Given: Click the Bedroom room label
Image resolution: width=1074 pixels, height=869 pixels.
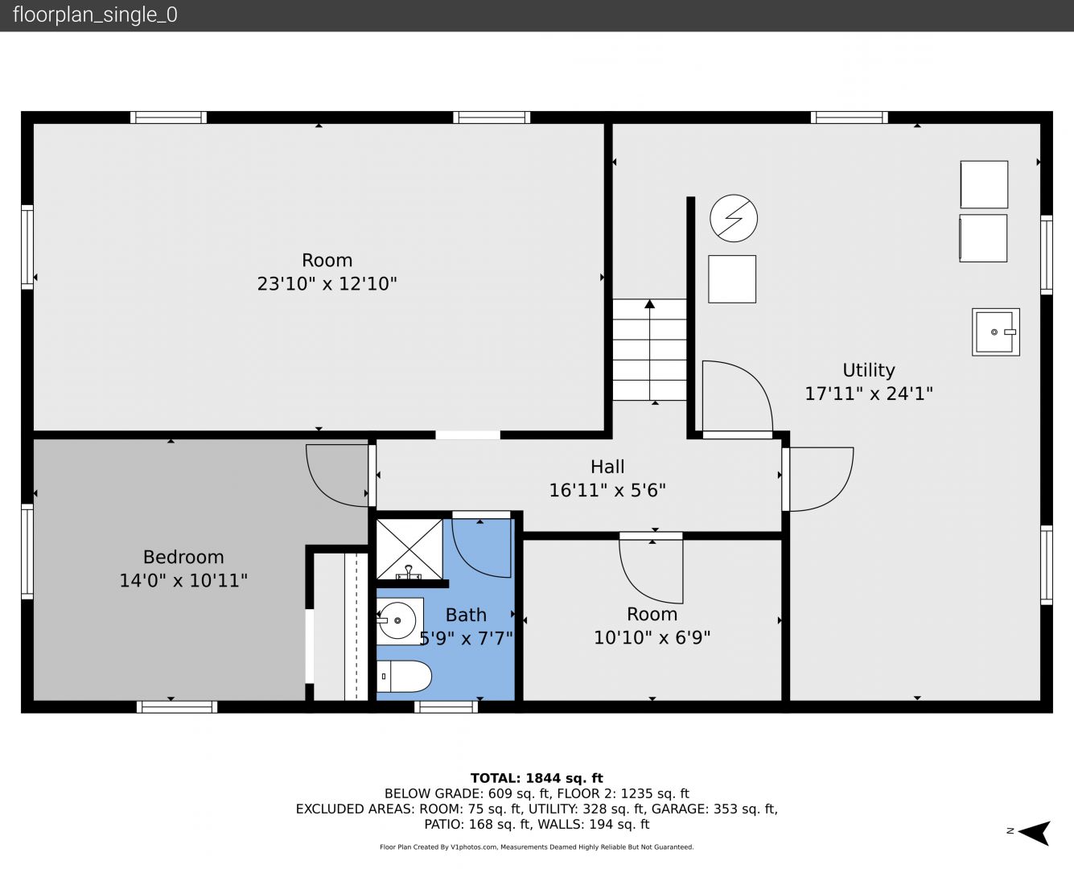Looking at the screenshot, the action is pos(183,557).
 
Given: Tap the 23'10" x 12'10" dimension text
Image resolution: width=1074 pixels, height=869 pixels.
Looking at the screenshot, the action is pos(327,283).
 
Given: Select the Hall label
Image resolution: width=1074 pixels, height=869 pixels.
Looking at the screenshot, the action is pos(607,467).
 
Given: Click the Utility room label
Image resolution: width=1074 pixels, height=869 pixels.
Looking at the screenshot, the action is pos(869,370).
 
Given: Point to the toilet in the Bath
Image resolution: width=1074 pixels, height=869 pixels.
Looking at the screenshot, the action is pos(404,677).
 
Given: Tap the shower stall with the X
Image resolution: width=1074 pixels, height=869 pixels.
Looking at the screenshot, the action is pos(409,550).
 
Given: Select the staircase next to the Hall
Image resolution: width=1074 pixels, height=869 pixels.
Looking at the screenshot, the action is pos(649,349).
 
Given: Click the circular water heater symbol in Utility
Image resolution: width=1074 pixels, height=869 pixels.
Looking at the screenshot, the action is pos(734,218).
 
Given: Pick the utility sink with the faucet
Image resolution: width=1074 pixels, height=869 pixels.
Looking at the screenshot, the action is pos(996,332).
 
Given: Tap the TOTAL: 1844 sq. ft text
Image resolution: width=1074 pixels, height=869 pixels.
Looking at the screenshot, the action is pos(537,778).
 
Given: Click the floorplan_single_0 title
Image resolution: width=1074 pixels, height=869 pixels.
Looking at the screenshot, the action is pos(95,15).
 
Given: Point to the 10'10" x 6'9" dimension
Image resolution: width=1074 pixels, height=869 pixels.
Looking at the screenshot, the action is pos(652,637).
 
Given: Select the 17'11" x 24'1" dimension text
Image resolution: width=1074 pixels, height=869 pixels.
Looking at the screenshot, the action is pos(869,393).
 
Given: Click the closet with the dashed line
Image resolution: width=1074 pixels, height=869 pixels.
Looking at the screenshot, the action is pos(341,627).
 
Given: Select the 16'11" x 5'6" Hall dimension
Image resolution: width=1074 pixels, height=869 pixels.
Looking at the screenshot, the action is pos(607,490).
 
